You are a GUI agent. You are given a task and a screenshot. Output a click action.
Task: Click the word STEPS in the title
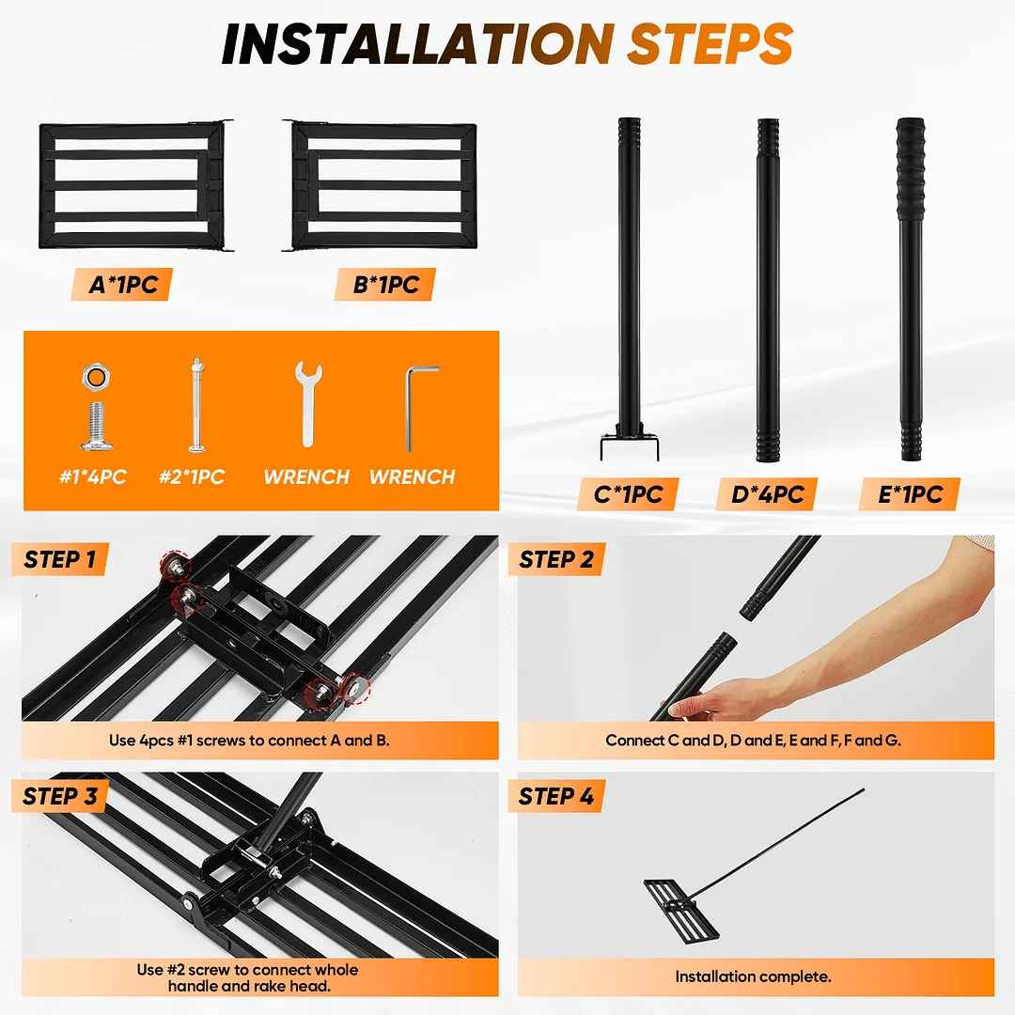tap(710, 44)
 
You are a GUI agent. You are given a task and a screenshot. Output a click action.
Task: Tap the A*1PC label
tap(121, 284)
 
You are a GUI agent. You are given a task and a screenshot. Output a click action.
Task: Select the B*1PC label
tap(385, 284)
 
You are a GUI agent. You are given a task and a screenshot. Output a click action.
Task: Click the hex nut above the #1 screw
tap(96, 377)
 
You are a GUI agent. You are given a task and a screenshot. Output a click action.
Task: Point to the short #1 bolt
tap(97, 426)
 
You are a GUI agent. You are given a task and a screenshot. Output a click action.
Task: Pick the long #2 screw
tap(197, 405)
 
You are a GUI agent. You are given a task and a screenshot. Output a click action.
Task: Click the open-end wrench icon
tap(308, 404)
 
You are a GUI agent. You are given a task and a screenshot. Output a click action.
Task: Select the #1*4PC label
tap(92, 477)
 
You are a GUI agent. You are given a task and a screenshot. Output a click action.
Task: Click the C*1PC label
tap(627, 494)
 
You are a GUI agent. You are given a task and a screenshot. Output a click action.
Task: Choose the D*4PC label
tap(767, 494)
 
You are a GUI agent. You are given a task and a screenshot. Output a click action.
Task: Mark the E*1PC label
tap(910, 494)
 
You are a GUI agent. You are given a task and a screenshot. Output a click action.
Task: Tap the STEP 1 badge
tap(59, 559)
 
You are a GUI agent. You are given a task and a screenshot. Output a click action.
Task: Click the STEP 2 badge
tap(556, 559)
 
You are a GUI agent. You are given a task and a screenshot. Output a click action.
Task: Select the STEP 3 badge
tap(59, 796)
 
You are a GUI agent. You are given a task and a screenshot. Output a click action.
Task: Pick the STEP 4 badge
tap(556, 796)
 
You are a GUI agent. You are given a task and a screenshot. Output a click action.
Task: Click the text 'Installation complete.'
tap(753, 976)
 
